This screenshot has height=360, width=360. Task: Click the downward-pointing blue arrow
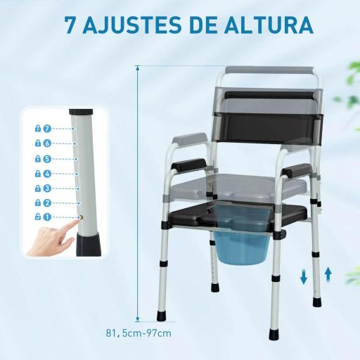point(304,277)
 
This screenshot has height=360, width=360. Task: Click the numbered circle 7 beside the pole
point(48,129)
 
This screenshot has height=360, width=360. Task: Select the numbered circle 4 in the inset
point(48,173)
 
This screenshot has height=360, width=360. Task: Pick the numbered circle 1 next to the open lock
point(48,217)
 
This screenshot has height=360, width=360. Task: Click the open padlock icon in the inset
point(37,217)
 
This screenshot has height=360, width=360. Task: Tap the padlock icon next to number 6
point(37,143)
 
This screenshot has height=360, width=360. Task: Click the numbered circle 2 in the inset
point(48,202)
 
